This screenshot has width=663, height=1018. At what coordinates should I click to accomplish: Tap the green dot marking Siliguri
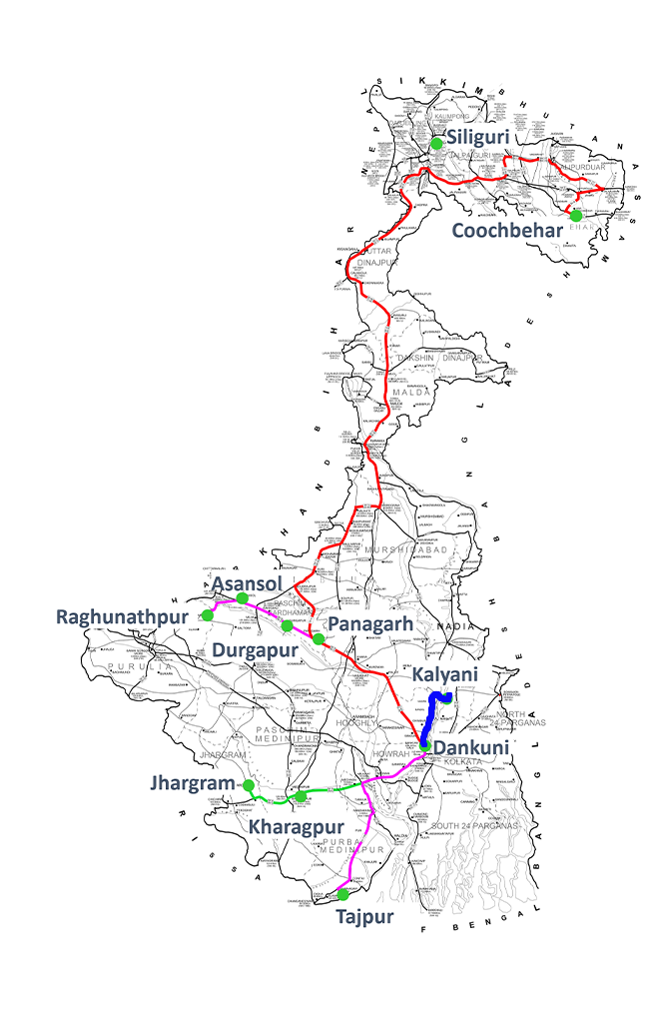(x=436, y=144)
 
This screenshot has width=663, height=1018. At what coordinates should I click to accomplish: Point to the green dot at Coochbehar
(x=576, y=215)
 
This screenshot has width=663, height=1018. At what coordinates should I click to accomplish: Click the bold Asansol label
(x=248, y=582)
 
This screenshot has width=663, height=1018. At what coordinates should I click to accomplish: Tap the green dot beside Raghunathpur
(x=207, y=615)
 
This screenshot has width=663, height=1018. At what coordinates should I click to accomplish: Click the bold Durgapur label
(x=260, y=650)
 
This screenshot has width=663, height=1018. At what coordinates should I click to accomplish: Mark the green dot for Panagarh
(x=318, y=638)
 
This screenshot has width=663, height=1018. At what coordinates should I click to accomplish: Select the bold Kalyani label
(x=445, y=675)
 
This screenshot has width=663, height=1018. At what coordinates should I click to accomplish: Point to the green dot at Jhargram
(x=249, y=785)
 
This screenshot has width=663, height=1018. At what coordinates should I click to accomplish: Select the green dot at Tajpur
(x=343, y=894)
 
